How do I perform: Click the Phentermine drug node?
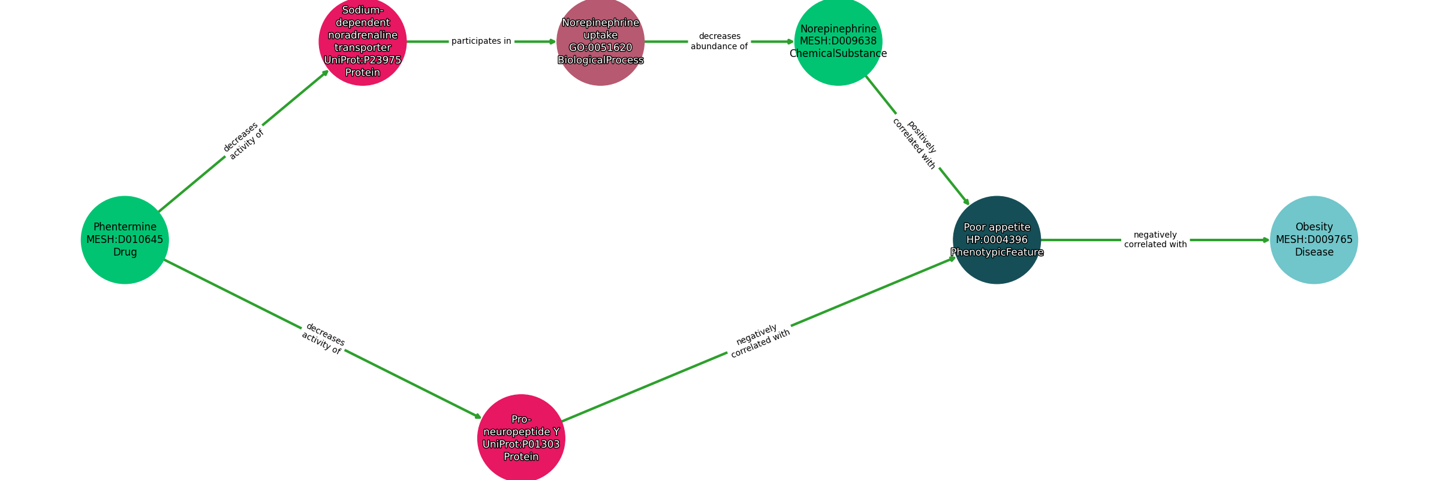[x=125, y=240]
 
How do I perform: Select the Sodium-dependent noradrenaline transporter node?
[x=363, y=42]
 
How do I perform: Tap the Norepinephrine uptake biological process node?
[x=600, y=42]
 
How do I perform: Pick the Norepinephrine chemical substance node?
[x=838, y=42]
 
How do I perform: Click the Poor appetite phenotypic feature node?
[x=997, y=240]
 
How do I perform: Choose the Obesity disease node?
[x=1314, y=240]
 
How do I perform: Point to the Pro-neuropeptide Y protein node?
[x=521, y=438]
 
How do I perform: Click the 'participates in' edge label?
[x=481, y=41]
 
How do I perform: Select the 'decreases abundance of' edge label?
[x=719, y=41]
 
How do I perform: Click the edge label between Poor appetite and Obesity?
[x=1155, y=239]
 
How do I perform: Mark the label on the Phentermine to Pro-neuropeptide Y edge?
[x=323, y=338]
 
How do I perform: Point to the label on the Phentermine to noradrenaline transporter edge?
[x=243, y=141]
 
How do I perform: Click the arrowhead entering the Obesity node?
[x=1266, y=240]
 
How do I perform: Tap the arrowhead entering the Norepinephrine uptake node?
[x=553, y=42]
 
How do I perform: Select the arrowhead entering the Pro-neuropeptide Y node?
[x=478, y=416]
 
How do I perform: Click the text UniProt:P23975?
[x=363, y=60]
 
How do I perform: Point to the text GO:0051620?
[x=600, y=48]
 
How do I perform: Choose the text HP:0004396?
[x=997, y=240]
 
